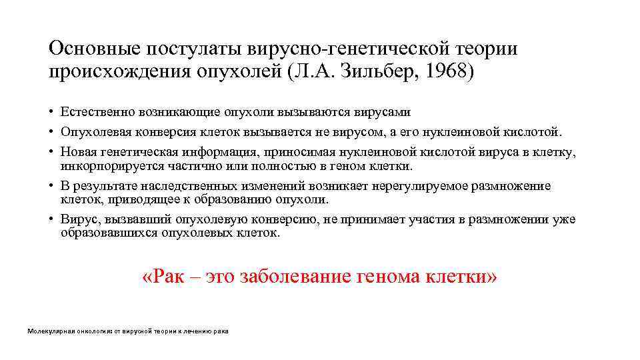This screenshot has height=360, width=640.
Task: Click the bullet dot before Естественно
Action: [x=51, y=112]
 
